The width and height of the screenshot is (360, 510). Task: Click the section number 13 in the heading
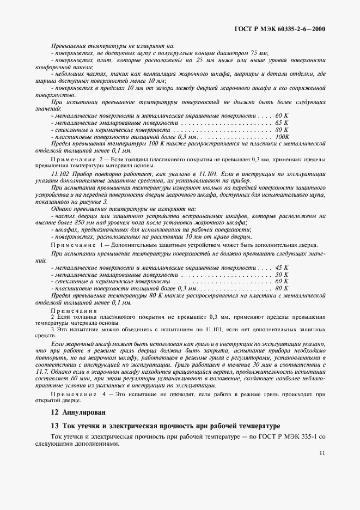tap(54, 426)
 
